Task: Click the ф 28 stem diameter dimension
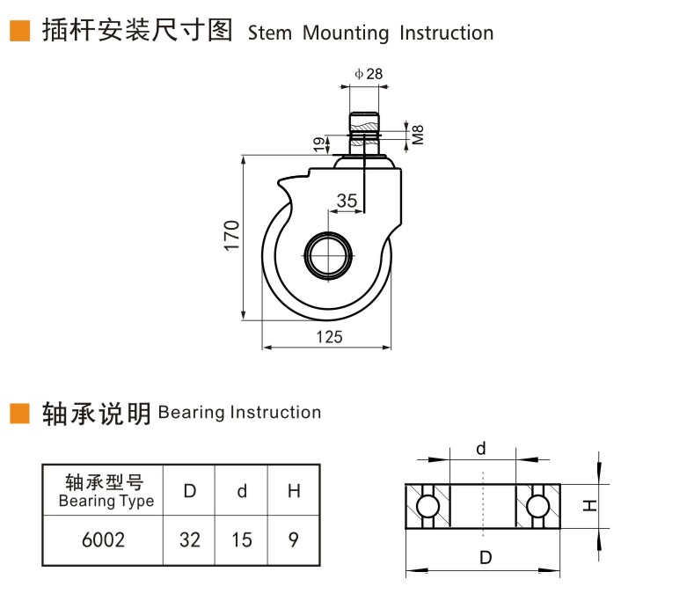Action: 369,74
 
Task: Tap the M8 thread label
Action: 418,135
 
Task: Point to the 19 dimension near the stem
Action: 318,144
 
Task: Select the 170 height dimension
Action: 231,235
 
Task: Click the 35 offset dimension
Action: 347,201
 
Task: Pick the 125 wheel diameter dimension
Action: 329,337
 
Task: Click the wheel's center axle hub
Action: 328,256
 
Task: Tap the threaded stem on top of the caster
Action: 364,134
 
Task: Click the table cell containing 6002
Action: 103,540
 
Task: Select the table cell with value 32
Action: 189,540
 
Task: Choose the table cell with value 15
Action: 242,540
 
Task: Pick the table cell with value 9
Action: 294,540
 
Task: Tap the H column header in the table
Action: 294,490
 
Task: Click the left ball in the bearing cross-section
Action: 427,506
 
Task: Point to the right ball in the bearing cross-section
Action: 537,506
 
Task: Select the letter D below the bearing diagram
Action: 486,557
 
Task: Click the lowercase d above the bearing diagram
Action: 481,449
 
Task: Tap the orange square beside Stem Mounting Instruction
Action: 20,31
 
